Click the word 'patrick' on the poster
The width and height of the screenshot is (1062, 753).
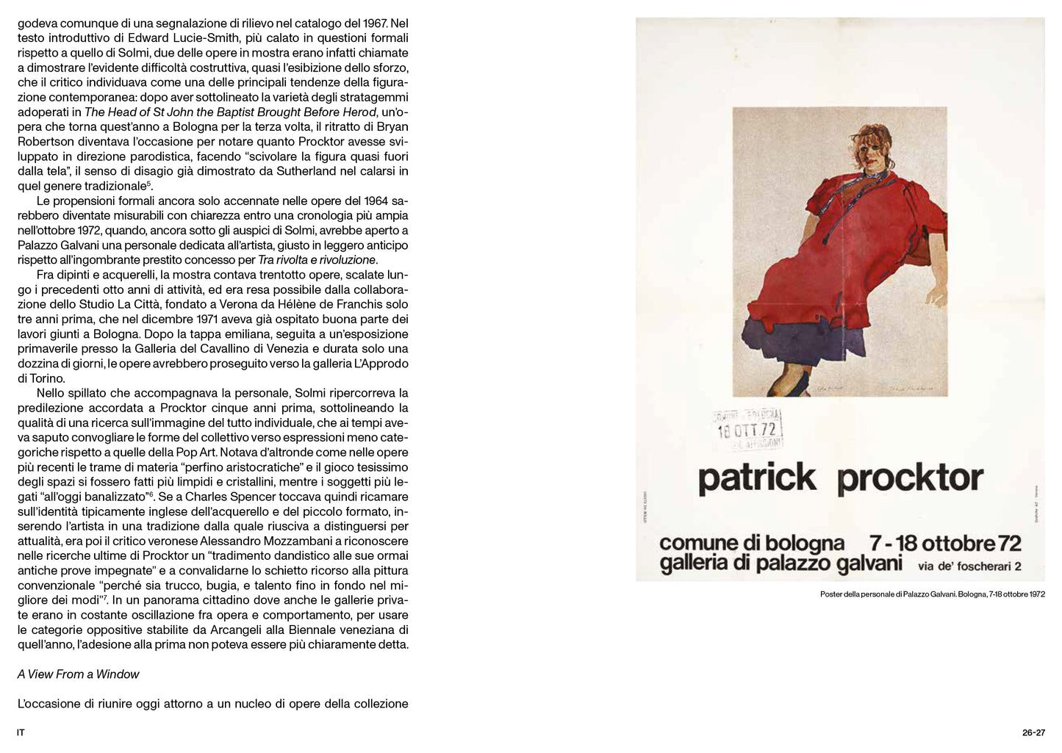tap(756, 478)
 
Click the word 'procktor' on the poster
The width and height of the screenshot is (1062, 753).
tap(910, 478)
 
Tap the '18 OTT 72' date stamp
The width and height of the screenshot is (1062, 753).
tap(747, 430)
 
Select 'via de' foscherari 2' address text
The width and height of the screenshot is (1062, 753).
tap(969, 566)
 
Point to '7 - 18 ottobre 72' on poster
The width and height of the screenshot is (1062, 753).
tap(945, 543)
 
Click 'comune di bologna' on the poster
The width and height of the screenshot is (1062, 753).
tap(752, 543)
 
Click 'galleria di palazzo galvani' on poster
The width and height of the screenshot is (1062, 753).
tap(781, 564)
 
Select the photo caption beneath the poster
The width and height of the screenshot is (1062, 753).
tap(932, 594)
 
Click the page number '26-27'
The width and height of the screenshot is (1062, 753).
tap(1033, 732)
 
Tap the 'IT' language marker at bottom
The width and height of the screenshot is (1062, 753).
tap(21, 732)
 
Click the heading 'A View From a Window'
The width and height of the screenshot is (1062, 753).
tap(78, 674)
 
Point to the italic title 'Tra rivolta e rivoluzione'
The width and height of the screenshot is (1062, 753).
tap(317, 260)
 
